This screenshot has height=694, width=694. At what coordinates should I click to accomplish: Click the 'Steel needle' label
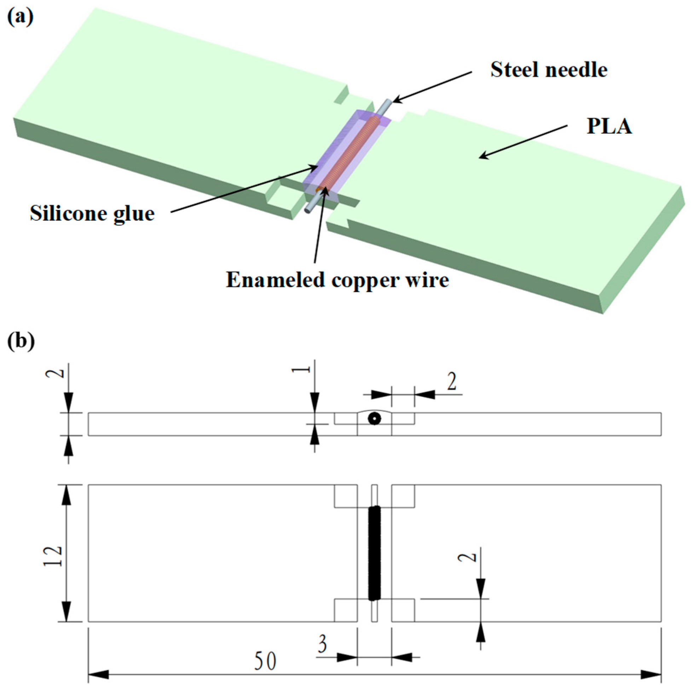point(549,70)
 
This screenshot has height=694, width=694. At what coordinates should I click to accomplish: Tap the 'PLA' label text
point(609,127)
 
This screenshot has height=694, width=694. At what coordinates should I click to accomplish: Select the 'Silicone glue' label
point(92,214)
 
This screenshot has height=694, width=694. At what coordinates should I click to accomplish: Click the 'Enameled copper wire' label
point(337,280)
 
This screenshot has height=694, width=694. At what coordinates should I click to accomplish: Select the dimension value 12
point(53,556)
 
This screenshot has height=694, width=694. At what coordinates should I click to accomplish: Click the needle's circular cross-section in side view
point(374,418)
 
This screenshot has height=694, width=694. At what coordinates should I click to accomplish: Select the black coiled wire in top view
point(374,553)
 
